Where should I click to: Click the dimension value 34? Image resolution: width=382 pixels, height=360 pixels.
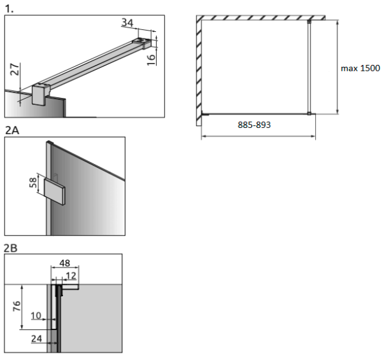(127, 23)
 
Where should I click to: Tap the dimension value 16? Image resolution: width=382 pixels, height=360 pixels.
(151, 60)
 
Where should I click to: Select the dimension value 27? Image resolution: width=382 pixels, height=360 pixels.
(15, 69)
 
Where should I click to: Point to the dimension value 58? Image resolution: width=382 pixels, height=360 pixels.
(33, 183)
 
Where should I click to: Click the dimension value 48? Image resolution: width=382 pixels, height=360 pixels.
(65, 263)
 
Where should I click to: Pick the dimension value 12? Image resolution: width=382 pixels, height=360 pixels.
(71, 275)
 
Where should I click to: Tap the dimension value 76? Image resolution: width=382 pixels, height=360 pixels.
(17, 306)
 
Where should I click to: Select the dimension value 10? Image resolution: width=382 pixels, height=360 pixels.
(36, 315)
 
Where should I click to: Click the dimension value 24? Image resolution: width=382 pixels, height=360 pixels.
(36, 338)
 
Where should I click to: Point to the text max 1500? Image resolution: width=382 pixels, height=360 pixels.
(360, 69)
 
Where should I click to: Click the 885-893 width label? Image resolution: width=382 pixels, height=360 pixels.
(254, 125)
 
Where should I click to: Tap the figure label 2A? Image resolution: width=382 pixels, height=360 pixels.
(12, 130)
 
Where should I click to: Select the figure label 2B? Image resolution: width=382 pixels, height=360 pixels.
(10, 248)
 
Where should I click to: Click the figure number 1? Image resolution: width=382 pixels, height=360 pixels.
(10, 9)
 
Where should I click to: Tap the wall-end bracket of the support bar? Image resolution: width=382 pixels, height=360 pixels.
(142, 43)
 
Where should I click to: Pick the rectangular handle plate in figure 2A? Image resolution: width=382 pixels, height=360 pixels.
(55, 192)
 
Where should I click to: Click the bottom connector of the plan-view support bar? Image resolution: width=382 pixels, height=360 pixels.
(309, 113)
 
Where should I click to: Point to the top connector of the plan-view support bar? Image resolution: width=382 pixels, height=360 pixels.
(309, 22)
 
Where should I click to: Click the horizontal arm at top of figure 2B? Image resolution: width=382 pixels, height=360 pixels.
(71, 287)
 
